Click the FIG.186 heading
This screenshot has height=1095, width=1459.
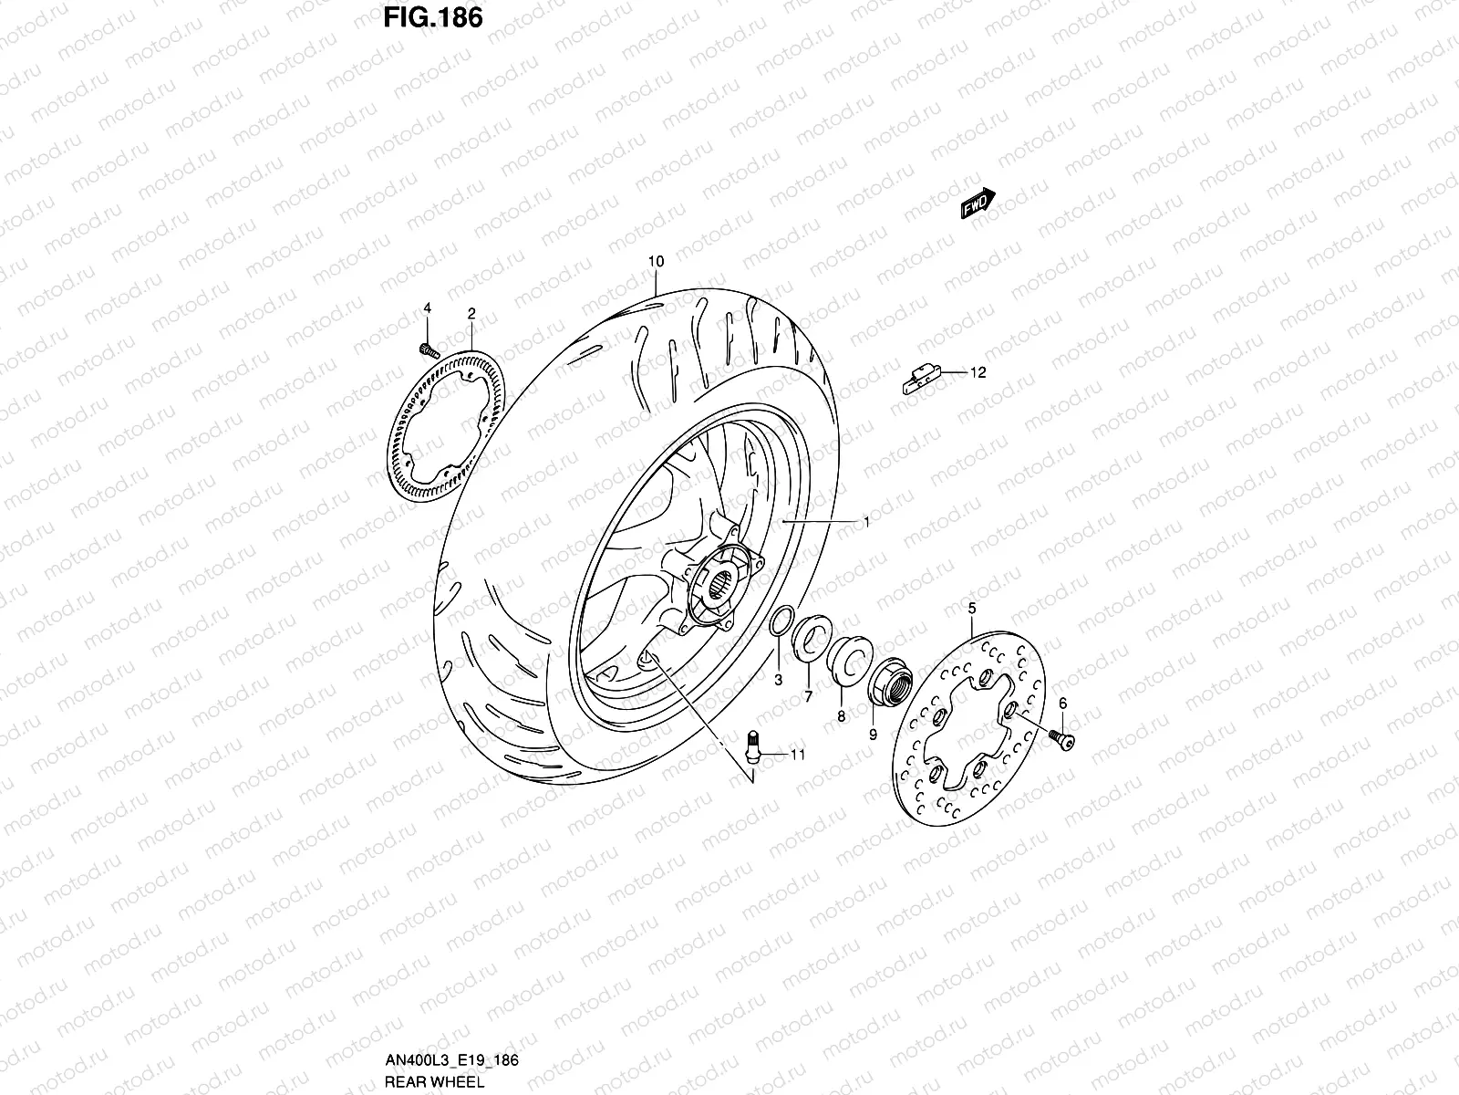click(433, 18)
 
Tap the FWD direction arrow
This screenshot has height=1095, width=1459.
click(978, 203)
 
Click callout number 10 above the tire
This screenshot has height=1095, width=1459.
click(656, 261)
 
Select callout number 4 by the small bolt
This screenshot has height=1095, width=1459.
click(428, 308)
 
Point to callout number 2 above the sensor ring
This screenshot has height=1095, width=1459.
click(471, 313)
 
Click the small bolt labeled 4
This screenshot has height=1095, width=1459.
click(429, 350)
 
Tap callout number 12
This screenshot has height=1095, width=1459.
click(978, 372)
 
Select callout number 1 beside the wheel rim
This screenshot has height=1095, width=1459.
click(866, 523)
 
